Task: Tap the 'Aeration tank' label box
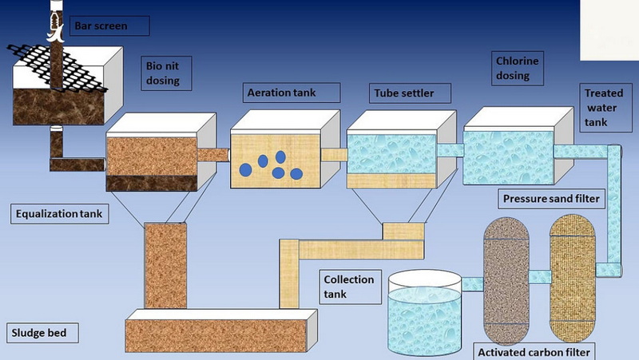281,92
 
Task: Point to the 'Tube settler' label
404,93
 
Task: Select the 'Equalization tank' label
61,213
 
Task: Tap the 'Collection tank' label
347,287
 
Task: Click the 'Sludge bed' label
38,331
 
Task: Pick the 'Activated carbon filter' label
534,351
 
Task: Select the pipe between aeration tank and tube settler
335,155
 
